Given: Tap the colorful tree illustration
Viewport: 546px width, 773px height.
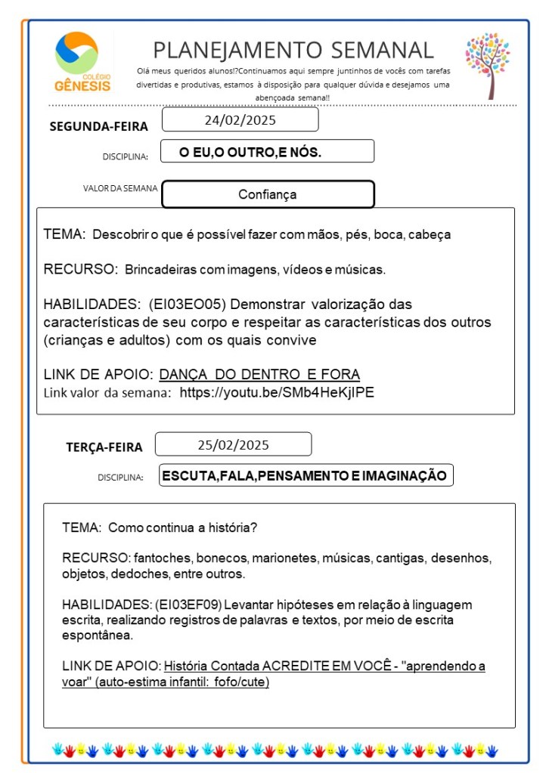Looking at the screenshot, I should (x=488, y=65).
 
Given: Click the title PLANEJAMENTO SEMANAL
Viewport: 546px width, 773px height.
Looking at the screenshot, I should (x=293, y=51).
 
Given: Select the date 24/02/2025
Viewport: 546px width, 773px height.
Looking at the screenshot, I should (x=240, y=120).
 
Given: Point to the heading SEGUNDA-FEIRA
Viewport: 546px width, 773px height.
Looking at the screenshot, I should (x=98, y=126).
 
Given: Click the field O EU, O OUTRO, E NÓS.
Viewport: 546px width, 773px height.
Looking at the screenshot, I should (x=250, y=152).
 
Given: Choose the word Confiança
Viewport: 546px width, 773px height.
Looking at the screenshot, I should (x=267, y=194).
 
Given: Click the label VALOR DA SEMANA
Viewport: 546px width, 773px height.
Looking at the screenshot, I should (x=120, y=188).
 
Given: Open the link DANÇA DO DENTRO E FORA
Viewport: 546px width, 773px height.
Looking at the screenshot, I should (x=259, y=374).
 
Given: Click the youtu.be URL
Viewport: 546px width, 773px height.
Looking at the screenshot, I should (x=277, y=392).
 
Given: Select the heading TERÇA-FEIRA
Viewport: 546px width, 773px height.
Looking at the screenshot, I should (x=104, y=447).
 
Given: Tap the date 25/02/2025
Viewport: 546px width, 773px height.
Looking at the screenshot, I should (x=233, y=444).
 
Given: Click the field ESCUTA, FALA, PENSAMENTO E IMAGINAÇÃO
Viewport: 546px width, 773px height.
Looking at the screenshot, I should (x=305, y=475).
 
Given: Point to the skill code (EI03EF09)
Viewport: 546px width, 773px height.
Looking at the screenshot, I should (x=185, y=604).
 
